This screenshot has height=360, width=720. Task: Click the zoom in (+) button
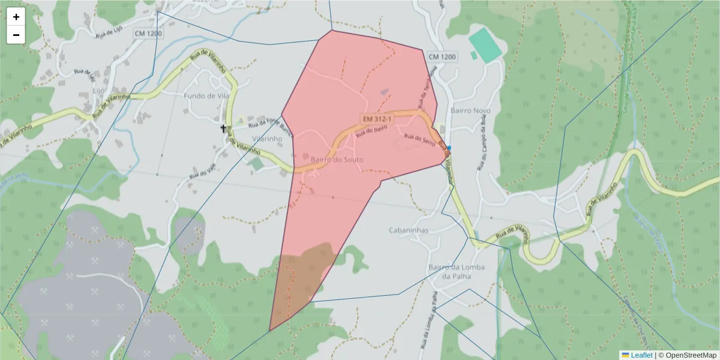click(16, 17)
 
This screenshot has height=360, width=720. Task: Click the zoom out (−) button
click(16, 35)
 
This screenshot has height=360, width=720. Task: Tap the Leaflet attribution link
click(641, 355)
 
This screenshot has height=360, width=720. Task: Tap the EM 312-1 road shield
click(377, 120)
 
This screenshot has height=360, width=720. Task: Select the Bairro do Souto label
click(337, 159)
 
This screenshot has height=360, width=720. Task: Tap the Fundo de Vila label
click(206, 96)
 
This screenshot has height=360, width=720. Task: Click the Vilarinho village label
click(268, 138)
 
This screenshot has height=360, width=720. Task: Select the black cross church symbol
click(224, 128)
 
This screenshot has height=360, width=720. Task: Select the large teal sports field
click(485, 44)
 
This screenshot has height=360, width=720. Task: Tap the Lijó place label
click(99, 90)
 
